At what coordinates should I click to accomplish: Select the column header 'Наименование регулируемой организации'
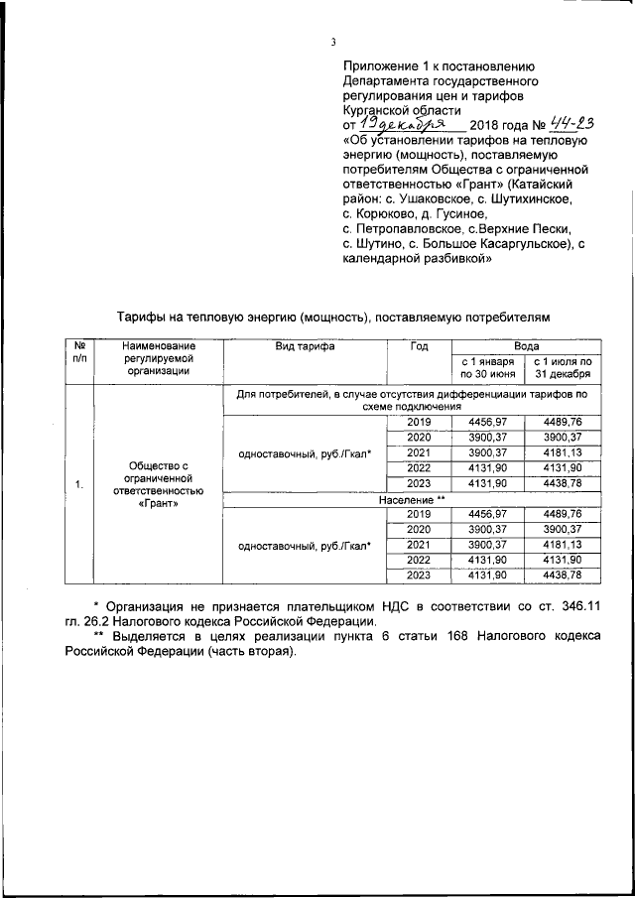pos(156,358)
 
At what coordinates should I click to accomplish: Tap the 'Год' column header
pos(419,346)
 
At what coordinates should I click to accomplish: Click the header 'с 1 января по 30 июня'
pos(487,368)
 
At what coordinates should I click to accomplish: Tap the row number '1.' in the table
pos(78,484)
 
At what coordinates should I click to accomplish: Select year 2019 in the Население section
pos(419,513)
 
